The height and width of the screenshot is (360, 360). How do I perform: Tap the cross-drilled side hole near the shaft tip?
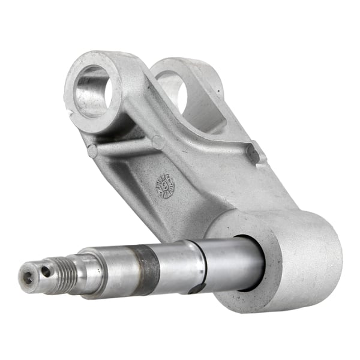tap(46, 272)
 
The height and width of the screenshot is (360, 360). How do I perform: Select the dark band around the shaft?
tap(146, 268)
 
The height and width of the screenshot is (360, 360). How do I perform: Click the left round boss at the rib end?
tap(92, 151)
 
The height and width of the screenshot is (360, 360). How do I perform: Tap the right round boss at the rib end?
tap(158, 142)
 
